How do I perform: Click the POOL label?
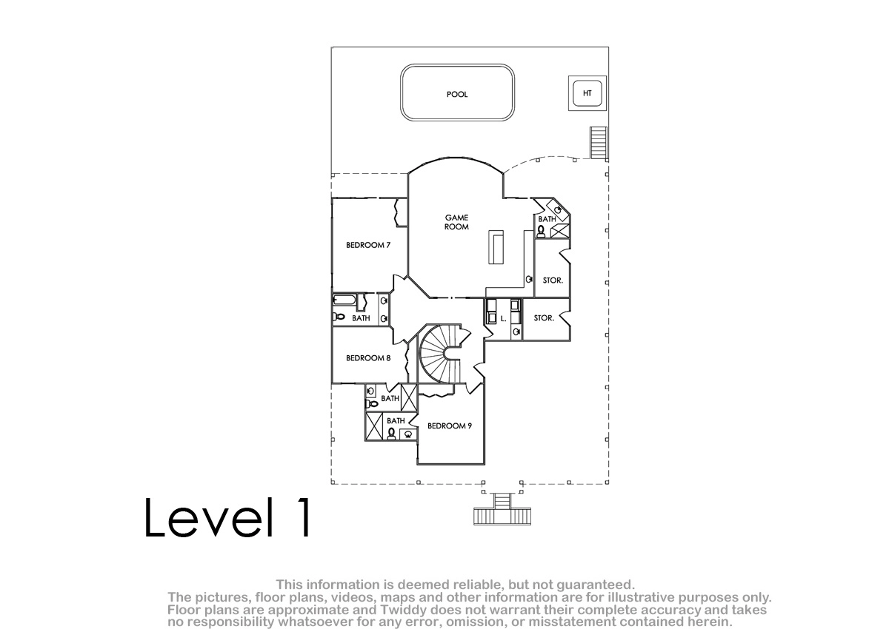(x=457, y=94)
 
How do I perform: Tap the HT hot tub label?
(x=587, y=93)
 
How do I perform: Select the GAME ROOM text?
(x=456, y=222)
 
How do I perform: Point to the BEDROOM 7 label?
(x=368, y=245)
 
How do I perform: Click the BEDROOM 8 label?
(x=368, y=358)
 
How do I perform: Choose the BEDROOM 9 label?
(x=449, y=425)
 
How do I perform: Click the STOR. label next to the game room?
(x=553, y=280)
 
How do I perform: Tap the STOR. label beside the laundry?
(x=544, y=318)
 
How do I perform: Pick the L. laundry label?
(x=503, y=319)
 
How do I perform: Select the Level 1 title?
(x=227, y=517)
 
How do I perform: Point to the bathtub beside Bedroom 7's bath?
(x=344, y=299)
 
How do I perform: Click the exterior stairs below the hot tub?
(x=598, y=143)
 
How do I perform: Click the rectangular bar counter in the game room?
(x=496, y=247)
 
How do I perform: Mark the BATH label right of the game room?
(x=547, y=219)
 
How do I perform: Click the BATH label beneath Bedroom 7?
(x=361, y=318)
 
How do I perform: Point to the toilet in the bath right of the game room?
(x=541, y=231)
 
